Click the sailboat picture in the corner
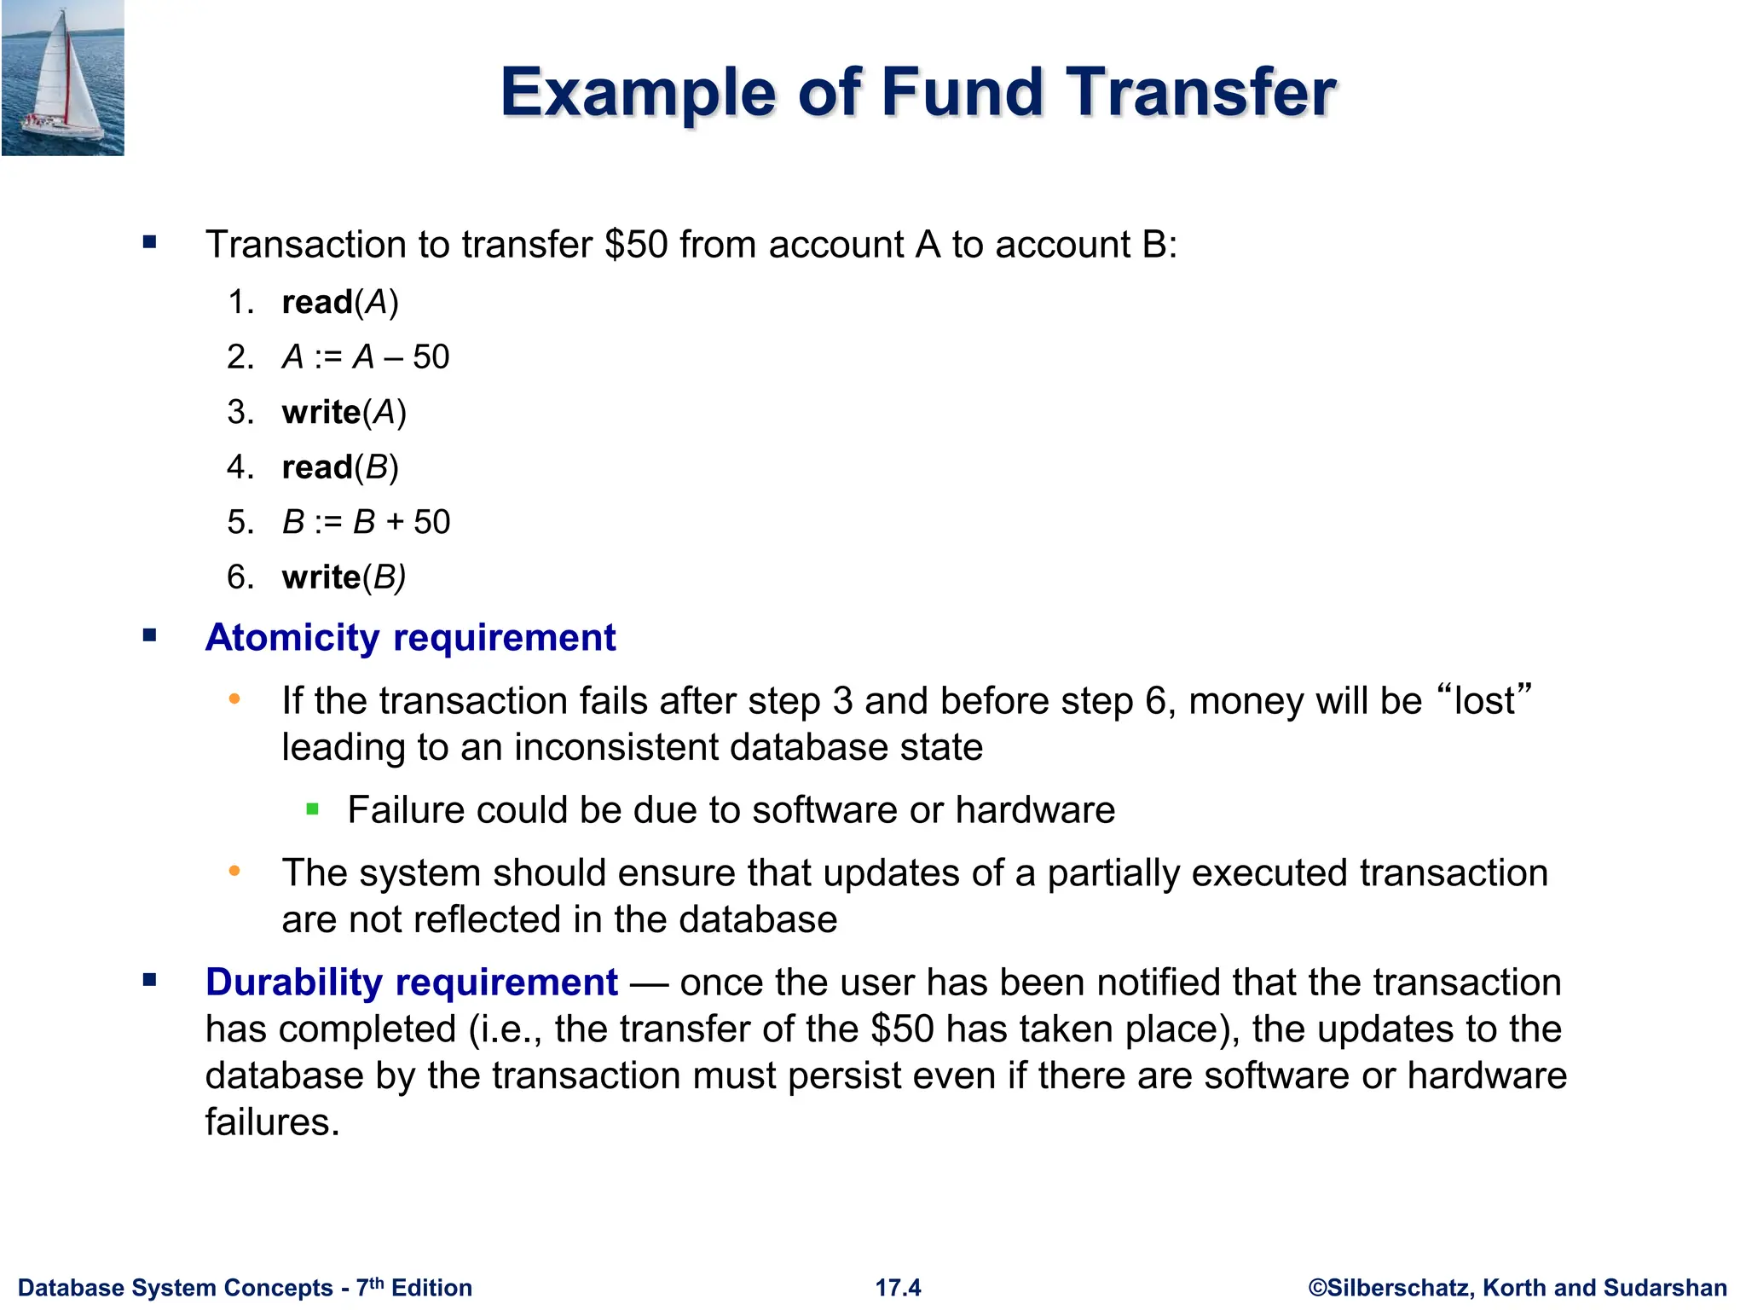(63, 78)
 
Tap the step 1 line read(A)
(339, 303)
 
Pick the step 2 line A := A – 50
(365, 357)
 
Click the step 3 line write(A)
(344, 413)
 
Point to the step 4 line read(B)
(339, 467)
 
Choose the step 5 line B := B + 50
(366, 522)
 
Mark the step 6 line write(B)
(344, 577)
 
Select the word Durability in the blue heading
(294, 982)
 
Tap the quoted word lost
(1484, 701)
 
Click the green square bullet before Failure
(312, 809)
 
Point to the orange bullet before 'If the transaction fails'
(234, 700)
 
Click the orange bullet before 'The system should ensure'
(234, 872)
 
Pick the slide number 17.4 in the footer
(898, 1288)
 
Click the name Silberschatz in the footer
(1398, 1288)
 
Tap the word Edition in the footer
(431, 1288)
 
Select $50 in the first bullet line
(636, 245)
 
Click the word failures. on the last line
(272, 1122)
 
